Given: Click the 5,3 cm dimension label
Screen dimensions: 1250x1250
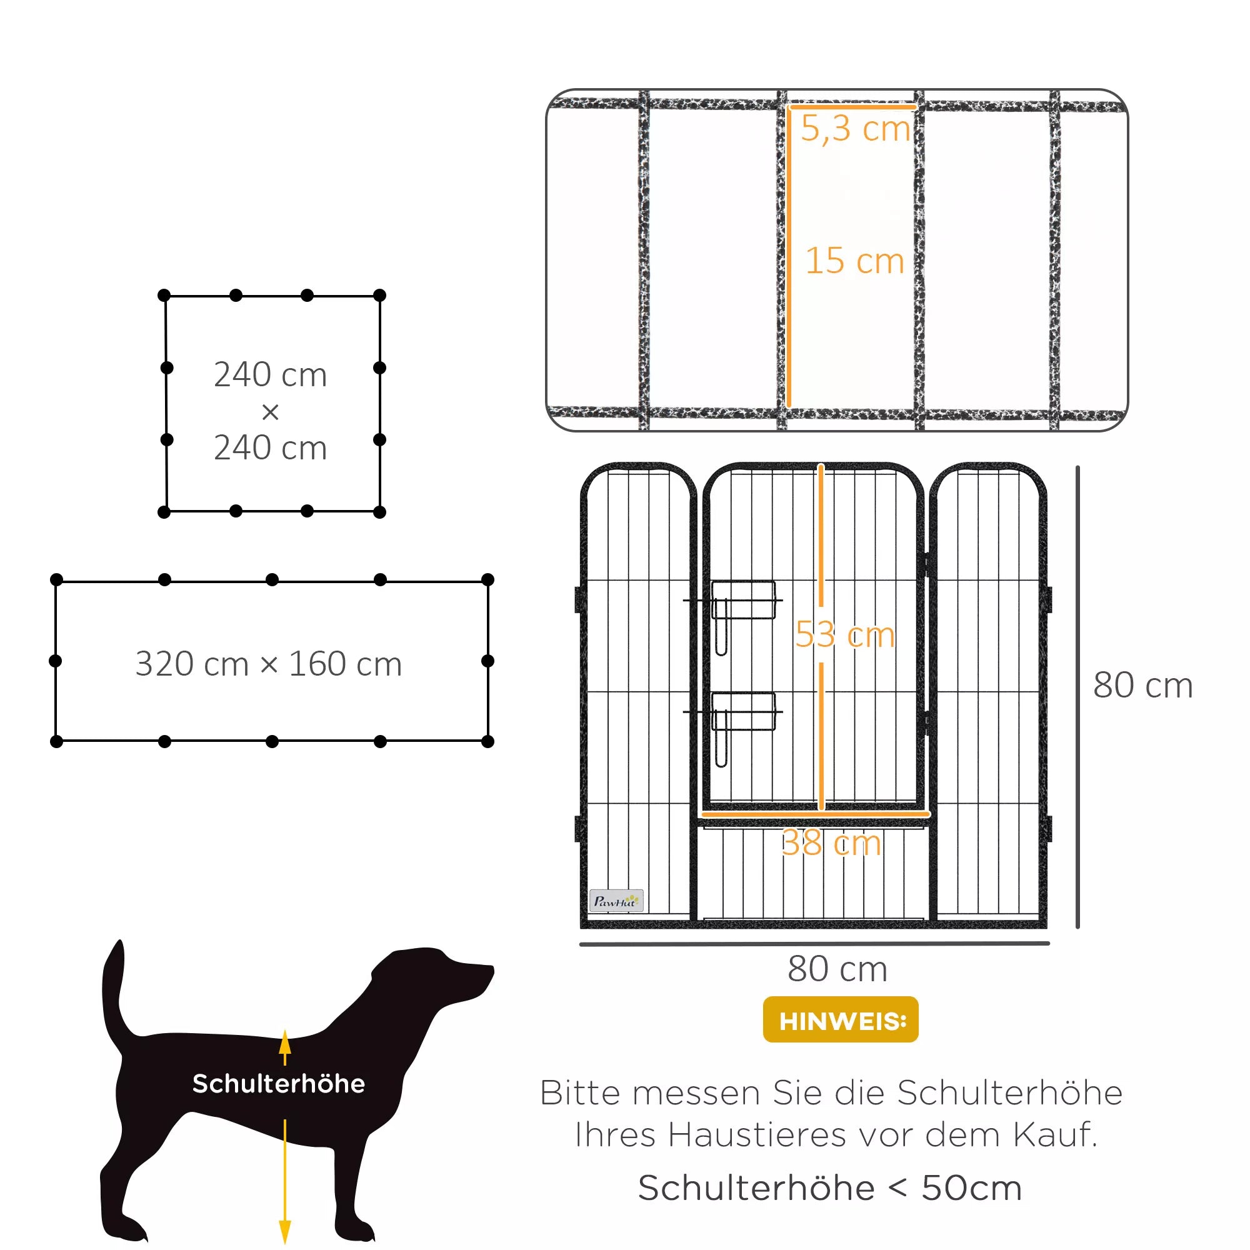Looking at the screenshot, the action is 856,129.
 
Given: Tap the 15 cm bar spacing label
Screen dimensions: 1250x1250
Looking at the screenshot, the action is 854,261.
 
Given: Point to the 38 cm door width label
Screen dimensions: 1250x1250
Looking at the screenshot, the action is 831,843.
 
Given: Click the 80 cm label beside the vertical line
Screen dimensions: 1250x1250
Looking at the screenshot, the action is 1142,685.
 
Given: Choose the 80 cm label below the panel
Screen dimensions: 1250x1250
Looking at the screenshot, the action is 837,969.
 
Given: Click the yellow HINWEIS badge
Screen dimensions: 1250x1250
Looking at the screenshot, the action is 841,1019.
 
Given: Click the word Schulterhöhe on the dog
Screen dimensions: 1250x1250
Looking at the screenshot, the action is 279,1084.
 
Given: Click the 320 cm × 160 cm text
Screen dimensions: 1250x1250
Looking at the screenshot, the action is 269,664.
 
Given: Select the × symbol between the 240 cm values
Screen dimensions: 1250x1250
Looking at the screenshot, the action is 271,411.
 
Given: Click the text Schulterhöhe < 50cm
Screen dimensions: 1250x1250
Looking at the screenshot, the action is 830,1189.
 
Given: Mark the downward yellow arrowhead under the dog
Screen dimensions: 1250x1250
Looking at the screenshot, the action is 284,1231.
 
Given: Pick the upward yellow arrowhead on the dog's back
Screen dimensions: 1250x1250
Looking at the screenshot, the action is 284,1041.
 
